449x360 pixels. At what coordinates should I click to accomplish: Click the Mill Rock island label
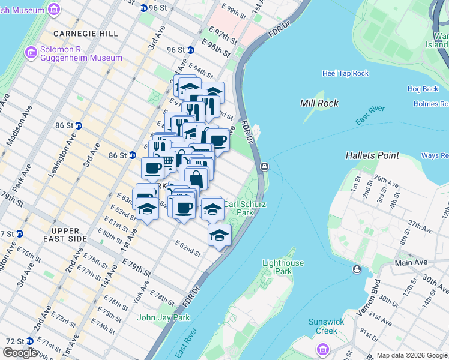click(x=319, y=103)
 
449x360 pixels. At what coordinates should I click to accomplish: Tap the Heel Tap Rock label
click(x=345, y=73)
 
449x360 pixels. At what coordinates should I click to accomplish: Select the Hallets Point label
click(x=372, y=155)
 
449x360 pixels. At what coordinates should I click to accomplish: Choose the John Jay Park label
click(x=164, y=317)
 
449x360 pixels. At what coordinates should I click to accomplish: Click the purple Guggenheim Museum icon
click(x=31, y=53)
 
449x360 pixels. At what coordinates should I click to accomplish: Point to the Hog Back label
click(x=423, y=89)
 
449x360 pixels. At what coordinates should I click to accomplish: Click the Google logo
click(x=20, y=353)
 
